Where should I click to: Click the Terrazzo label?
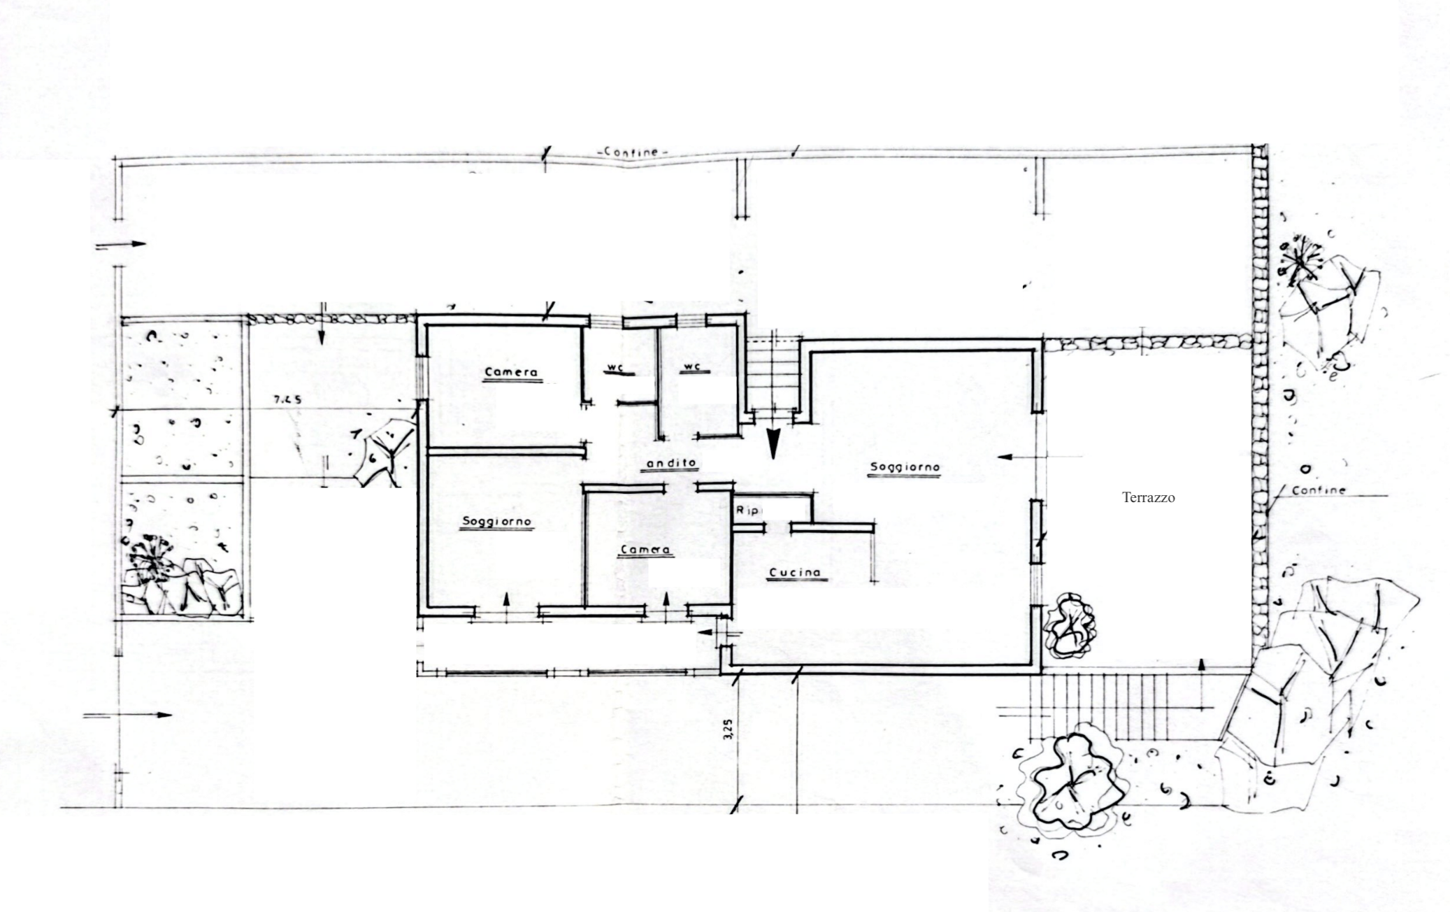(1148, 498)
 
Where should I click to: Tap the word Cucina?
(795, 573)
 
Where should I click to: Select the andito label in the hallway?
(671, 463)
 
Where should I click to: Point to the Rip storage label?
(747, 511)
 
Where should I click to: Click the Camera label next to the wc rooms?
(511, 372)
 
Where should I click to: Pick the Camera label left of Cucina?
(645, 550)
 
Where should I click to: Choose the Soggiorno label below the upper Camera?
(496, 522)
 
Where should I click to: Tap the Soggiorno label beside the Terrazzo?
(905, 467)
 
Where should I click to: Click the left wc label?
(615, 367)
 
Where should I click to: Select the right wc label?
(692, 367)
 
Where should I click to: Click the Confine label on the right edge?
(1319, 490)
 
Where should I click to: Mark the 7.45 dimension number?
(287, 400)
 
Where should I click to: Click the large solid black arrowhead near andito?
(773, 443)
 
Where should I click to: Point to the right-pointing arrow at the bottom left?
(128, 715)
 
